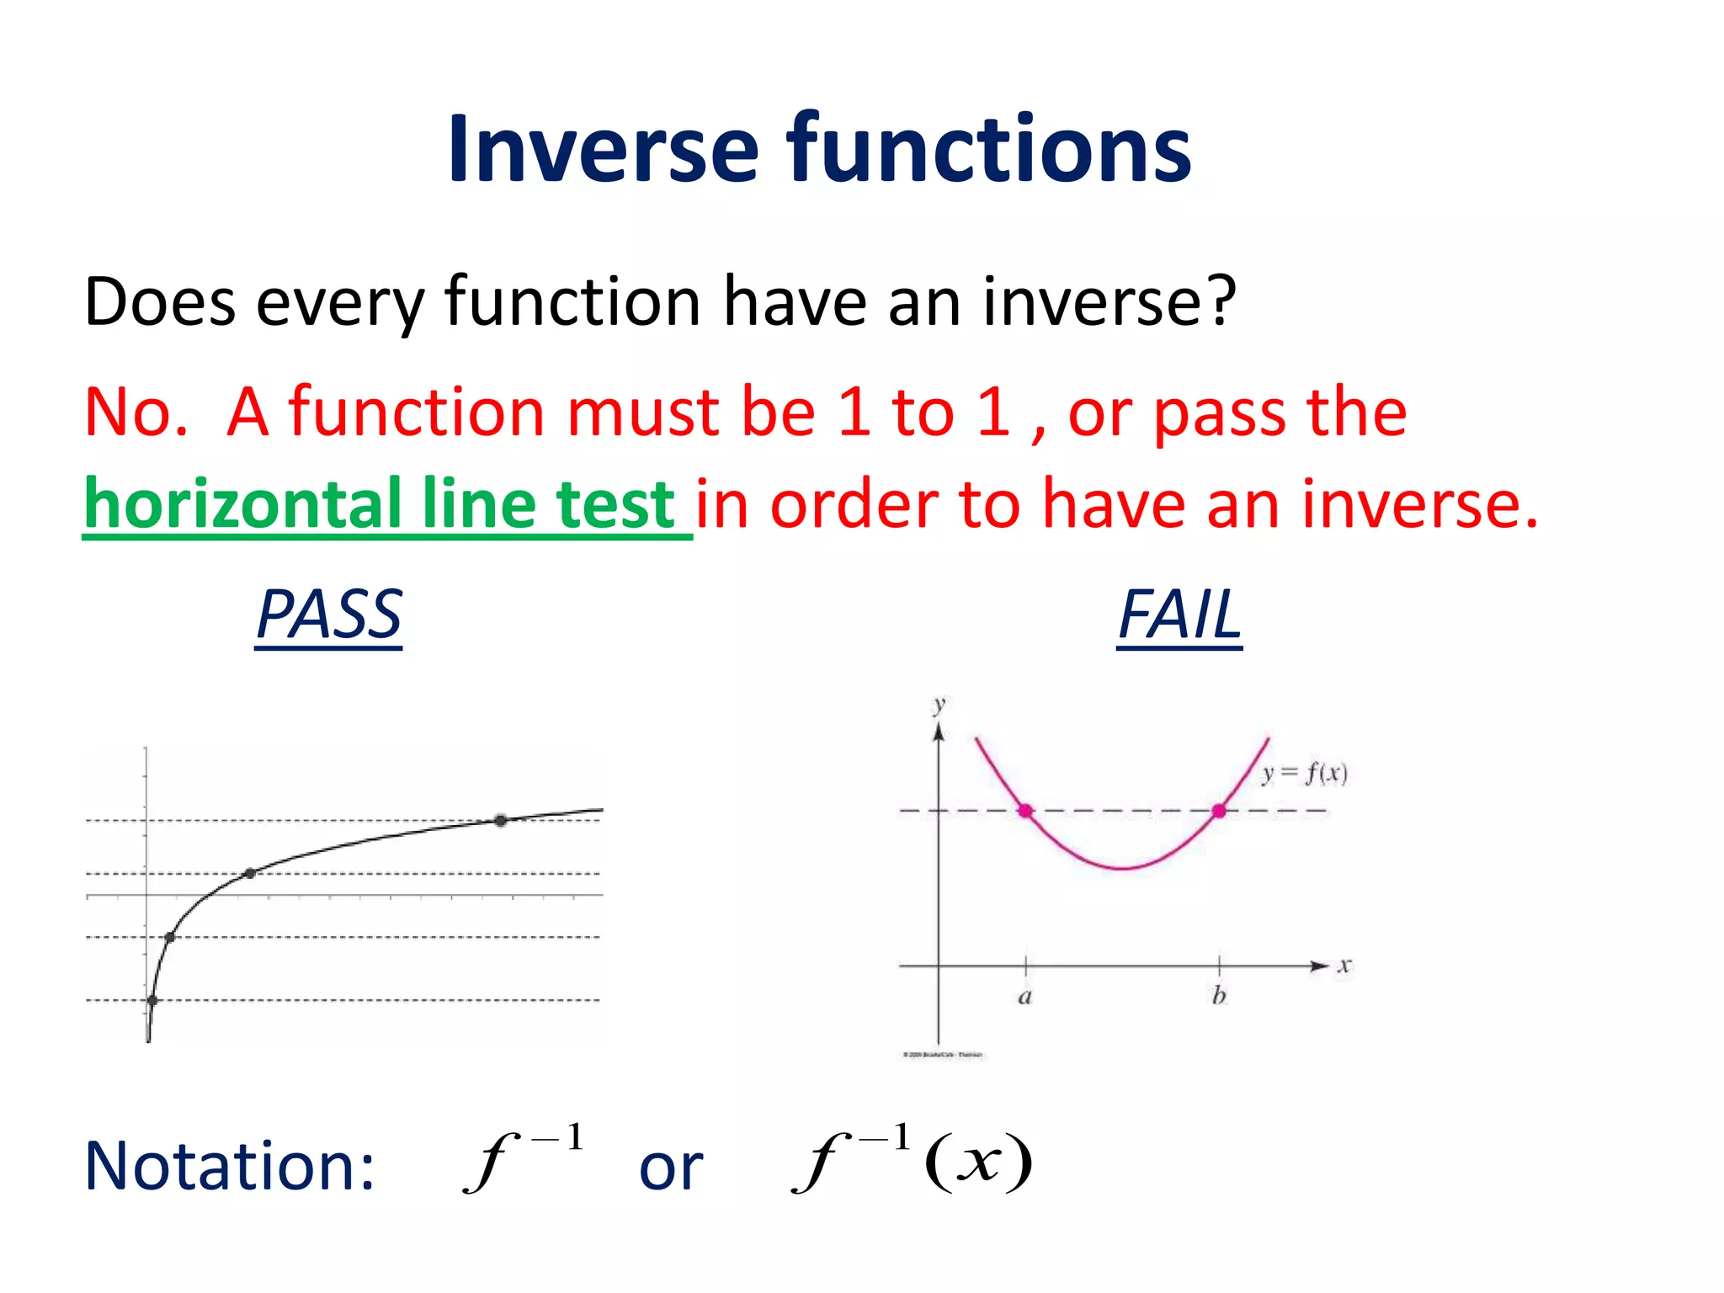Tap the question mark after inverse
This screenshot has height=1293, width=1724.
pyautogui.click(x=1219, y=301)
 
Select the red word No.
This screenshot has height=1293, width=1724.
pyautogui.click(x=135, y=412)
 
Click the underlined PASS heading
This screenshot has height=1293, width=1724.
pyautogui.click(x=329, y=615)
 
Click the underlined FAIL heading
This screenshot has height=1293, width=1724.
pyautogui.click(x=1179, y=615)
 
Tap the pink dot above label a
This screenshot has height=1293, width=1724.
pyautogui.click(x=1024, y=811)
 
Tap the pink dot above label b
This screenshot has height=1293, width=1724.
pyautogui.click(x=1218, y=811)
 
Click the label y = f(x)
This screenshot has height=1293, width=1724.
pyautogui.click(x=1305, y=773)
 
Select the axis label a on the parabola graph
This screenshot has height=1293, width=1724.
pyautogui.click(x=1024, y=998)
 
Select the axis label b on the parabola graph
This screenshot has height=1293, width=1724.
pyautogui.click(x=1218, y=997)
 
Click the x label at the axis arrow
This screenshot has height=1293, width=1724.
pyautogui.click(x=1344, y=966)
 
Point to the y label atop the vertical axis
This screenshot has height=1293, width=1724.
pyautogui.click(x=939, y=704)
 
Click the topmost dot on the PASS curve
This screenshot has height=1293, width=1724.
pyautogui.click(x=501, y=820)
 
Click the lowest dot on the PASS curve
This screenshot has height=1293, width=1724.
pyautogui.click(x=152, y=1000)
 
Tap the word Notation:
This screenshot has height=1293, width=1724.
pyautogui.click(x=229, y=1166)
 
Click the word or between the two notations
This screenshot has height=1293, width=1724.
pyautogui.click(x=671, y=1168)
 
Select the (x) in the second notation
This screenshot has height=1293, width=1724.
pyautogui.click(x=978, y=1163)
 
